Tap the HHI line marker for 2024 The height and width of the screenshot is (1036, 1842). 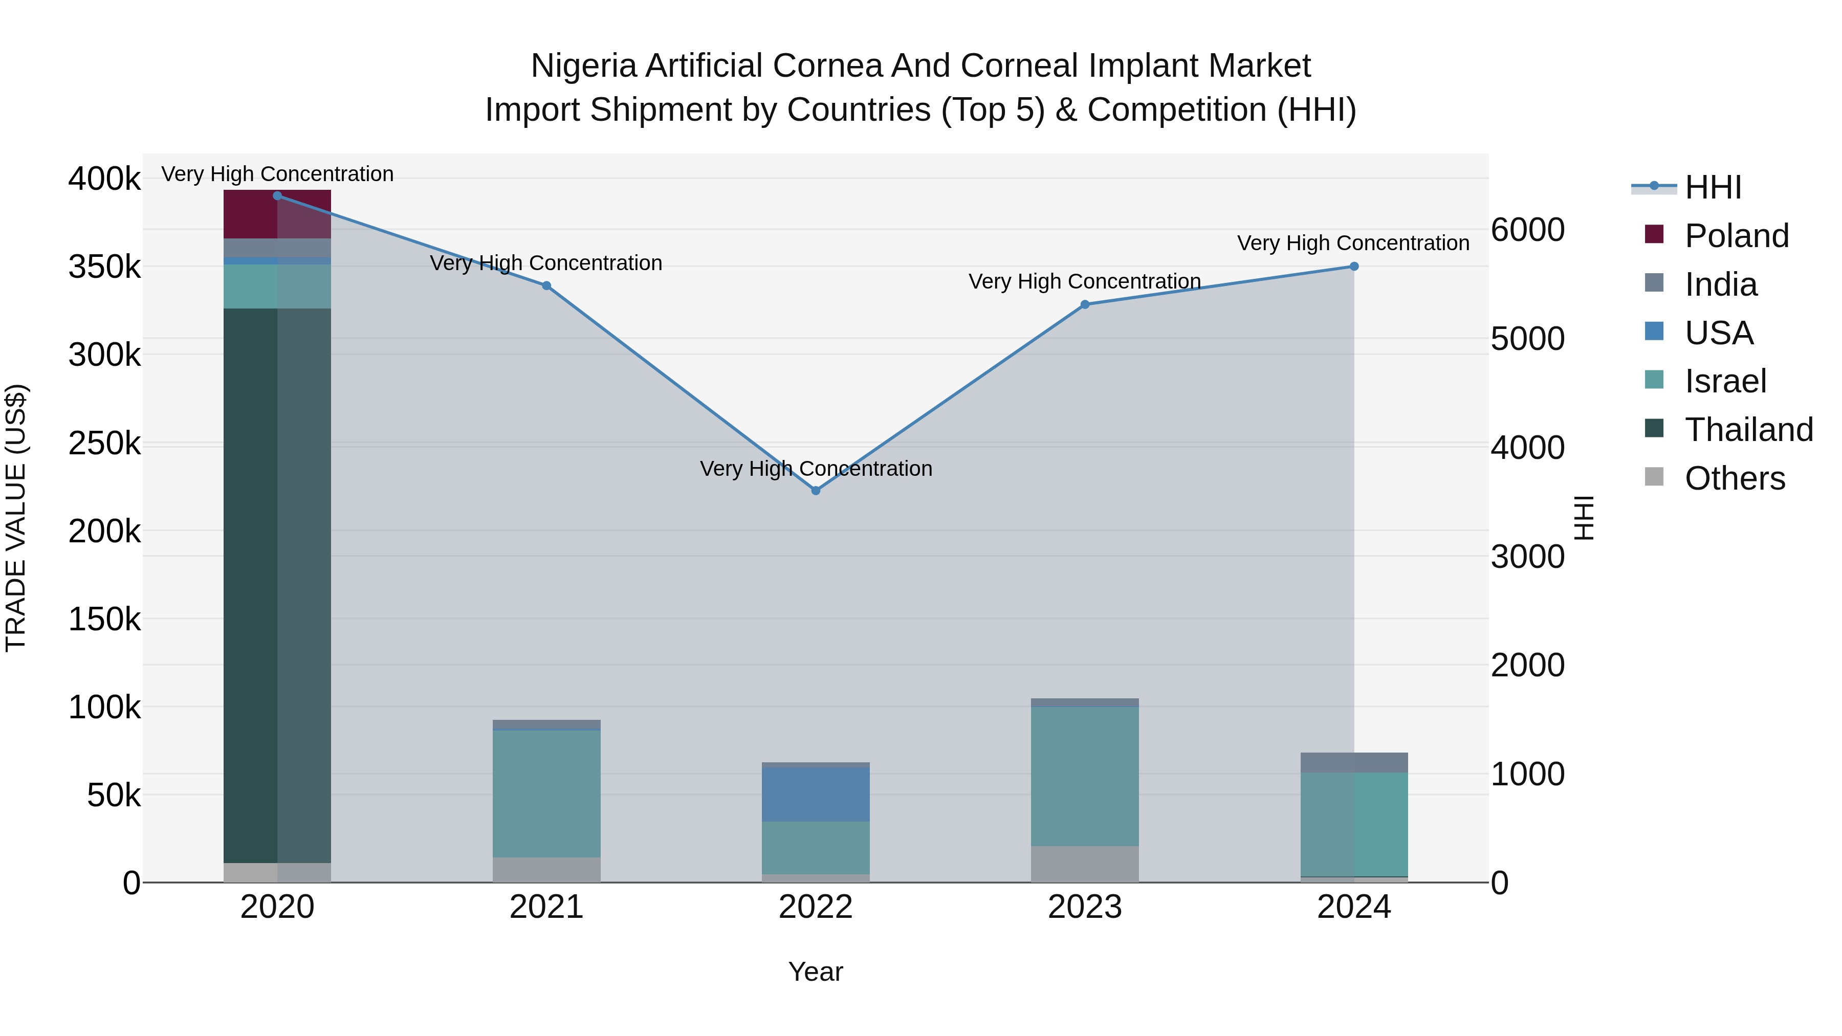click(1353, 267)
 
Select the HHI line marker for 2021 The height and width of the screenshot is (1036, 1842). click(546, 286)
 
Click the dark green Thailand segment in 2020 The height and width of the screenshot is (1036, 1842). click(277, 586)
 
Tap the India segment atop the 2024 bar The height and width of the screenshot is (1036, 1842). click(1353, 762)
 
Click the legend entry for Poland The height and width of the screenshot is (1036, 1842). click(1736, 236)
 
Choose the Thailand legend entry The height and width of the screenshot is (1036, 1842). click(1748, 430)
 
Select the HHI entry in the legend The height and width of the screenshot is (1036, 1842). click(1713, 187)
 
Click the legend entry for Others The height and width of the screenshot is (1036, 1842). click(1734, 478)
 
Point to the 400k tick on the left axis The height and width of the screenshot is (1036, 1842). click(104, 179)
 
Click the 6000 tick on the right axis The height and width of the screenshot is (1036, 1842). click(1527, 230)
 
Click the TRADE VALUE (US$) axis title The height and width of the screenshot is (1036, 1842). click(16, 518)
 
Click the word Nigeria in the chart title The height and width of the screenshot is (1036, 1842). click(583, 66)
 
